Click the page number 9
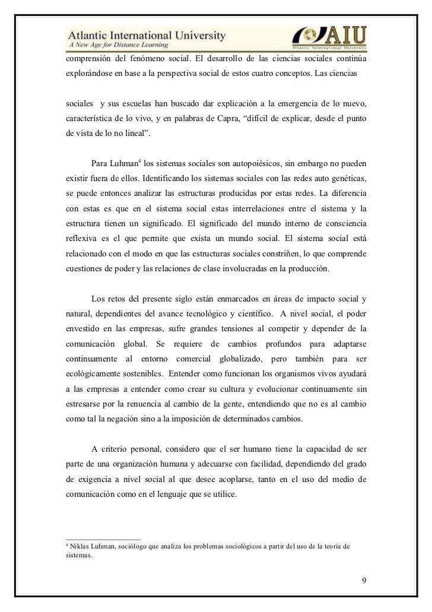pyautogui.click(x=365, y=579)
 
